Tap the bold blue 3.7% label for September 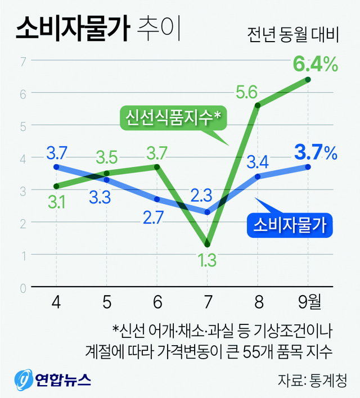314,152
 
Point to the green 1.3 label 208,260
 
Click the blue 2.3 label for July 201,196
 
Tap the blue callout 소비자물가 290,225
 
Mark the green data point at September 308,79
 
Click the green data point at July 208,243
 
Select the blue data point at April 56,167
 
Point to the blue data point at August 258,177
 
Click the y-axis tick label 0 24,288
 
